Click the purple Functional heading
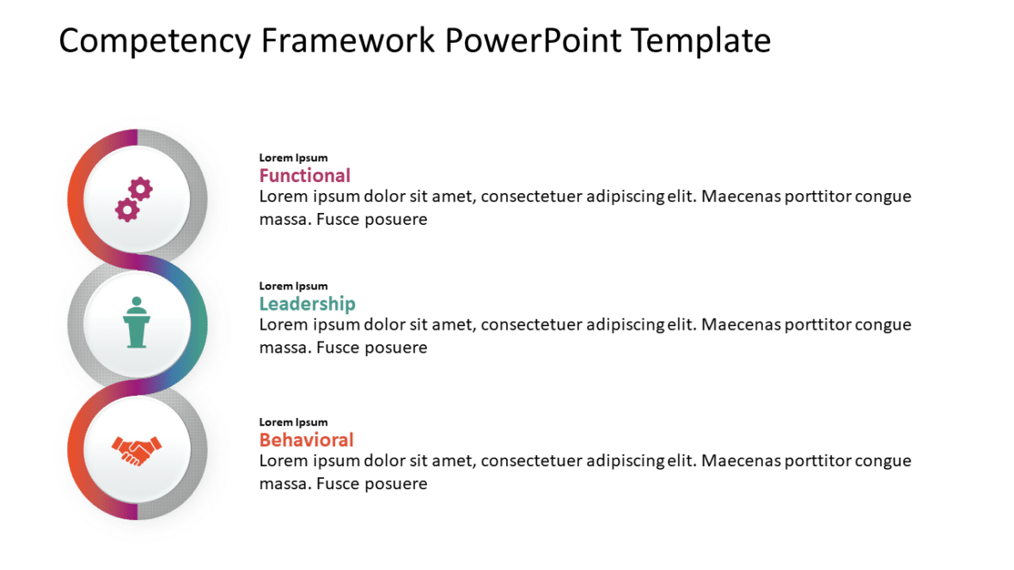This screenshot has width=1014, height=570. pos(304,176)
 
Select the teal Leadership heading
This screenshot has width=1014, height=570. pos(307,304)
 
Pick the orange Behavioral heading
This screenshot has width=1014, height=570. pos(306,440)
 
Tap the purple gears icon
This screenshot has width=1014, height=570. pos(134,199)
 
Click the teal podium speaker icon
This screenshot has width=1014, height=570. pos(136,323)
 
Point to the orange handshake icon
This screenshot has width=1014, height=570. pos(137,450)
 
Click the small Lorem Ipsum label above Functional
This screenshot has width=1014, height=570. pos(293,158)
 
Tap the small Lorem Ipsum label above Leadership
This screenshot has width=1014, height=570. pos(293,286)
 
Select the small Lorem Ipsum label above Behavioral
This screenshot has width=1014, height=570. pos(293,422)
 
